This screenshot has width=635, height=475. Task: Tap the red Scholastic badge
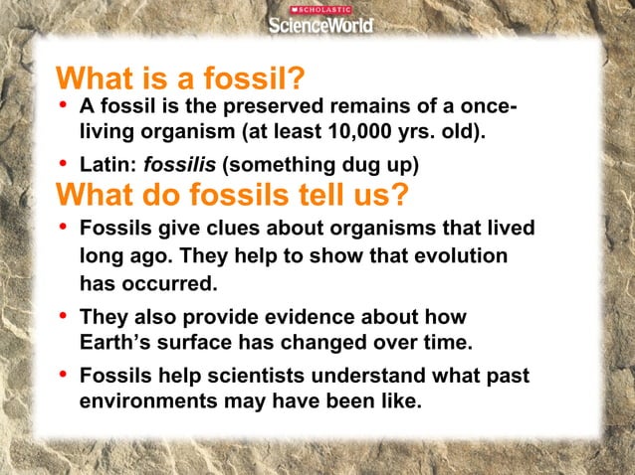point(320,9)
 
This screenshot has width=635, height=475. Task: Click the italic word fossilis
point(173,163)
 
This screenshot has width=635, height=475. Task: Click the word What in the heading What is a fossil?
point(98,77)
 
